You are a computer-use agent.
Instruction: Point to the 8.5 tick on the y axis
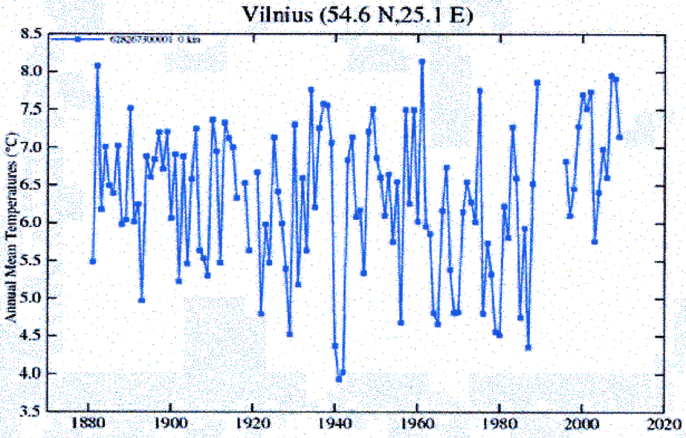pyautogui.click(x=28, y=34)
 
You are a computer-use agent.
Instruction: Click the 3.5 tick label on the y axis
pyautogui.click(x=28, y=410)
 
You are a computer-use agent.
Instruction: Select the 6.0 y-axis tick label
pyautogui.click(x=28, y=222)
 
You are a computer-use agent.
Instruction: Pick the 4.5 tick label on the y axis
pyautogui.click(x=28, y=335)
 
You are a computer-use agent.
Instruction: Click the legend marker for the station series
pyautogui.click(x=77, y=40)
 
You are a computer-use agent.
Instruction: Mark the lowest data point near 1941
pyautogui.click(x=338, y=379)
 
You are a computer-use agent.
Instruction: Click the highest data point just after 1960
pyautogui.click(x=422, y=62)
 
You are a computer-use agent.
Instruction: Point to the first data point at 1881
pyautogui.click(x=93, y=261)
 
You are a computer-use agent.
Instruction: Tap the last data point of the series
pyautogui.click(x=620, y=137)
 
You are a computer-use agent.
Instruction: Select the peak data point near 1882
pyautogui.click(x=97, y=65)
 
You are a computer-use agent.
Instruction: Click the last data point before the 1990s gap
pyautogui.click(x=537, y=83)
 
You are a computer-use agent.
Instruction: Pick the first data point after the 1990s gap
pyautogui.click(x=566, y=162)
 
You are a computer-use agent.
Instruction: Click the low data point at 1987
pyautogui.click(x=529, y=348)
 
